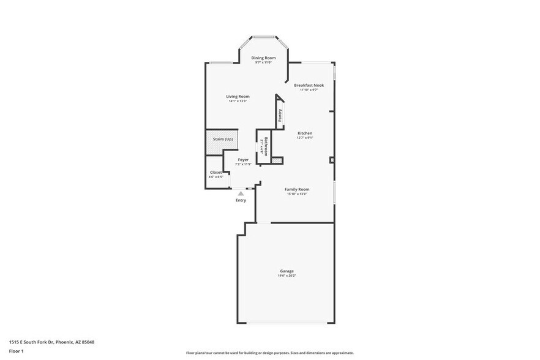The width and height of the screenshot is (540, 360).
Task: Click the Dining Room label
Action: coord(263,58)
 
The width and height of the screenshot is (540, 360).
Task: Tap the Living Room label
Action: coord(238,96)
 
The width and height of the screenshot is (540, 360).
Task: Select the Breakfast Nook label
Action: coord(309,85)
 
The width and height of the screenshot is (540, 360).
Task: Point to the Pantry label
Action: coord(280,116)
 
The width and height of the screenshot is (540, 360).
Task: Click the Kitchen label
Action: coord(305,133)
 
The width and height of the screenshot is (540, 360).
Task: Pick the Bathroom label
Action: coord(266,146)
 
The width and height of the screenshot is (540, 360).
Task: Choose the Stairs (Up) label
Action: coord(223,139)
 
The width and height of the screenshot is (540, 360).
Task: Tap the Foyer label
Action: coord(243,160)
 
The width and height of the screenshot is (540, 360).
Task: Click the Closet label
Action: coord(216,172)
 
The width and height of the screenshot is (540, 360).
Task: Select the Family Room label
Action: coord(297,189)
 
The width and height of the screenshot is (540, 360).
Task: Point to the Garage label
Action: coord(287,271)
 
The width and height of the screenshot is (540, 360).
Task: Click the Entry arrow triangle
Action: coord(241,193)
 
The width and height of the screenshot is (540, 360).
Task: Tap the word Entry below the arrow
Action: coord(241,200)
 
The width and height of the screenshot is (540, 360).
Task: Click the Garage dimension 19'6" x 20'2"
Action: coord(287,276)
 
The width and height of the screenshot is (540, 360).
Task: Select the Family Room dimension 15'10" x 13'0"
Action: coord(297,194)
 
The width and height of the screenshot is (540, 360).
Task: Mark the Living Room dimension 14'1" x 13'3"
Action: coord(238,101)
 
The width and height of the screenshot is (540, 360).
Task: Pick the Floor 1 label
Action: coord(16,351)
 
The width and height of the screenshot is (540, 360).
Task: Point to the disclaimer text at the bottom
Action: coord(270,353)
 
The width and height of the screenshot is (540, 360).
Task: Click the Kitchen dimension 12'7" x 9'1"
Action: coord(305,138)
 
